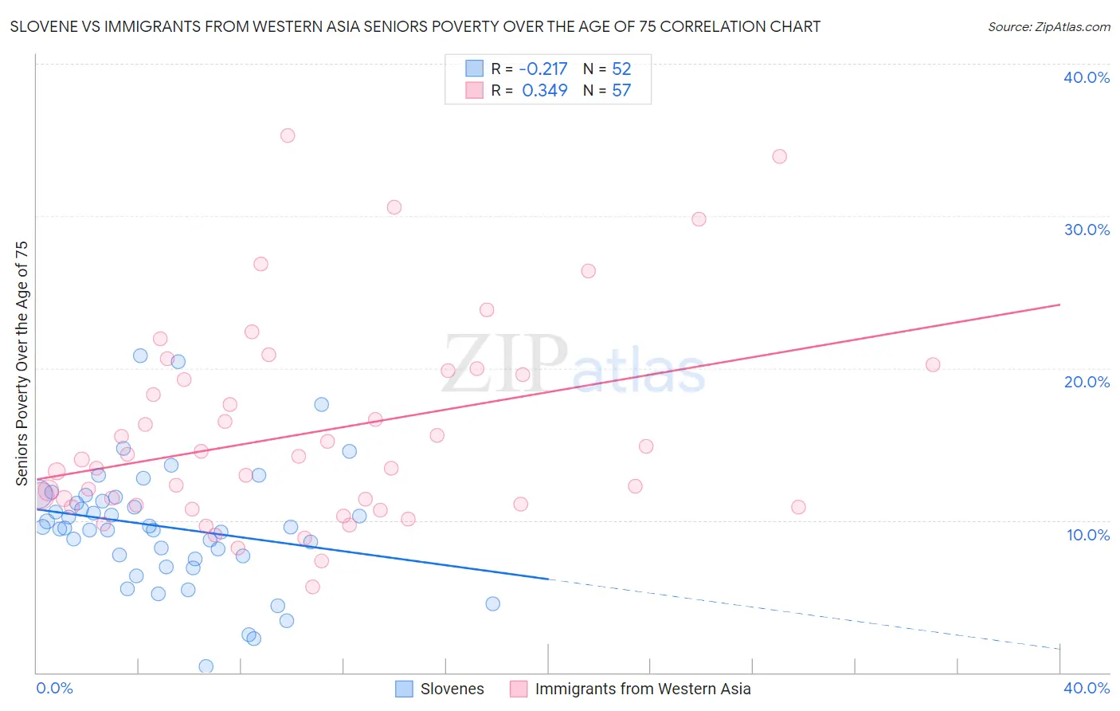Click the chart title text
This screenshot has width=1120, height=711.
(415, 26)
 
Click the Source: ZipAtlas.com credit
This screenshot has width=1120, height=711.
(1048, 26)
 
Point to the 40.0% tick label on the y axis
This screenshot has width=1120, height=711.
(1087, 77)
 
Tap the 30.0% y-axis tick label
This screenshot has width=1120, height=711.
(1087, 230)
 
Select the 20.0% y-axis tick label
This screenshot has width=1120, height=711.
(1087, 382)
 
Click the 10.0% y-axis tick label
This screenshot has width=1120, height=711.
(1087, 535)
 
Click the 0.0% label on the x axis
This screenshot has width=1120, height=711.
(54, 688)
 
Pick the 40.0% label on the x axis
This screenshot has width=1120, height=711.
(1087, 688)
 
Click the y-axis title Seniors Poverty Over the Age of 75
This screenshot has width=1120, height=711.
(22, 363)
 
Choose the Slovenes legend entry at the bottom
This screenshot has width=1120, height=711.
(452, 689)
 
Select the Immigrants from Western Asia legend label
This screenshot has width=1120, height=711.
(642, 689)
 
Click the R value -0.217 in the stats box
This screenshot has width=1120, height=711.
(543, 69)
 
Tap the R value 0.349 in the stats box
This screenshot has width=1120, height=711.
(545, 91)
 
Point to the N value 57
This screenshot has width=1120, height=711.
(621, 91)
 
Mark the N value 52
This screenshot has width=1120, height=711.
(621, 69)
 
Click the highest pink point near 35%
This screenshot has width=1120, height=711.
(288, 136)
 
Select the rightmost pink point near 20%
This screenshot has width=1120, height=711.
(933, 365)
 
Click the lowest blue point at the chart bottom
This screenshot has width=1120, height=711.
(206, 666)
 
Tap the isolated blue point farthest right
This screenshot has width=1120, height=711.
(493, 604)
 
